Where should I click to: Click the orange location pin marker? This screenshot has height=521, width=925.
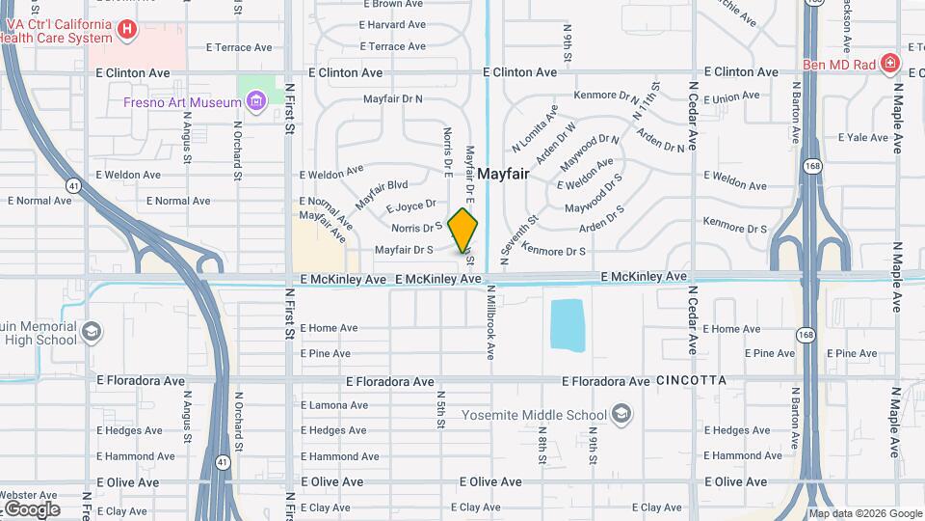click(x=463, y=230)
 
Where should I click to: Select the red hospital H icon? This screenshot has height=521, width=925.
click(x=126, y=31)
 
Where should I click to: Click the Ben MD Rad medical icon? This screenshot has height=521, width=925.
click(x=890, y=65)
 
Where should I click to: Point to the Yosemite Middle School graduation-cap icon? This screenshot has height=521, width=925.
click(x=622, y=415)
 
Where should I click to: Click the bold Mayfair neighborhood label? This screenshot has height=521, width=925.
click(x=504, y=173)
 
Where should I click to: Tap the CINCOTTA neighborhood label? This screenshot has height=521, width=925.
click(x=691, y=381)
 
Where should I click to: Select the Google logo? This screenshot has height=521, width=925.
click(x=31, y=508)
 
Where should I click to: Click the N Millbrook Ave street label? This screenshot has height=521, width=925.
click(x=490, y=322)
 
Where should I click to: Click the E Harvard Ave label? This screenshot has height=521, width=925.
click(x=392, y=25)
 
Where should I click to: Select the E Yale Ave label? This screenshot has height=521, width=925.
click(x=862, y=137)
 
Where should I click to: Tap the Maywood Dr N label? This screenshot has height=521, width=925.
click(x=587, y=152)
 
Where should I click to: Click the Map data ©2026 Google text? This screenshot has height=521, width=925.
click(x=864, y=513)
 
